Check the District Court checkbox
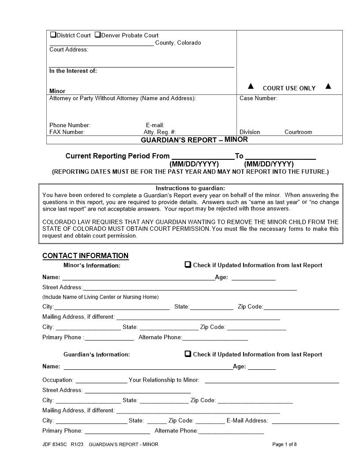coord(53,35)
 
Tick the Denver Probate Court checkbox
coord(97,35)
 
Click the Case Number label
coord(258,98)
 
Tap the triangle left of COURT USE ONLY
coord(251,86)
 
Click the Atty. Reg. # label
coord(160,132)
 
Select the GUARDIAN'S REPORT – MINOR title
coord(194,140)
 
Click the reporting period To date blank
coord(280,156)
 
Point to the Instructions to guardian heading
coord(191,188)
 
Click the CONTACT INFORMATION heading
coord(85,256)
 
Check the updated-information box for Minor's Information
coord(187,265)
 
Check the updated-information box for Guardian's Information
coord(187,354)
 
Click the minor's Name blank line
coord(138,278)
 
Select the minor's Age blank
coord(253,278)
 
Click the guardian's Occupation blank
coord(101,380)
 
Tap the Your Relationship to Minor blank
coord(272,380)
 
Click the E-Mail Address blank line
coord(305,421)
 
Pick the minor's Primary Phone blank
coord(109,338)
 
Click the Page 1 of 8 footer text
coord(285,444)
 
